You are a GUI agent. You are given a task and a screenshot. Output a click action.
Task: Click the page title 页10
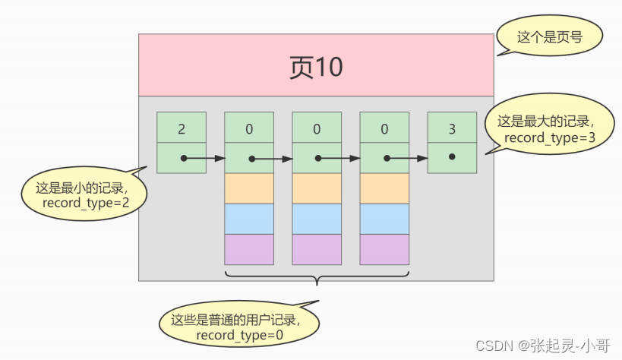[x=316, y=67]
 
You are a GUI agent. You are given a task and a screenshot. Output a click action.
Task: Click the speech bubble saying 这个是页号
[x=549, y=36]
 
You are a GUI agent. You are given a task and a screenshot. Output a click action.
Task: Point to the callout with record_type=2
[x=84, y=194]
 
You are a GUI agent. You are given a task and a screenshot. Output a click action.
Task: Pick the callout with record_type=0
[x=239, y=324]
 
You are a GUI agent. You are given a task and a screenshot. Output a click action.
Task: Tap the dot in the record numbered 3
[x=452, y=156]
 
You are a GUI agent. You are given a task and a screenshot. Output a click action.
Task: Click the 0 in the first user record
[x=249, y=129]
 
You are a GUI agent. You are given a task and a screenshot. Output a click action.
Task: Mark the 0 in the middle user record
[x=317, y=129]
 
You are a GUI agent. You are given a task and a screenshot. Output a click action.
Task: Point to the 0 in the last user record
[x=384, y=129]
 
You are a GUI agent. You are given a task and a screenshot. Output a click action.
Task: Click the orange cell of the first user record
[x=249, y=188]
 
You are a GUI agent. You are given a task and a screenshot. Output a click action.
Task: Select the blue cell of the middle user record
[x=317, y=219]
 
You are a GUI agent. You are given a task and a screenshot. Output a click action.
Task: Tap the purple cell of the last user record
[x=384, y=249]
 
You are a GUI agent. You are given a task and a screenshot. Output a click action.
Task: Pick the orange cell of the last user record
[x=384, y=188]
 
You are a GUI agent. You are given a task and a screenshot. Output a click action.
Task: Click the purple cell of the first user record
[x=249, y=249]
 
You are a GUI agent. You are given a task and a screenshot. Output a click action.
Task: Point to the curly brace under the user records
[x=317, y=278]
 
